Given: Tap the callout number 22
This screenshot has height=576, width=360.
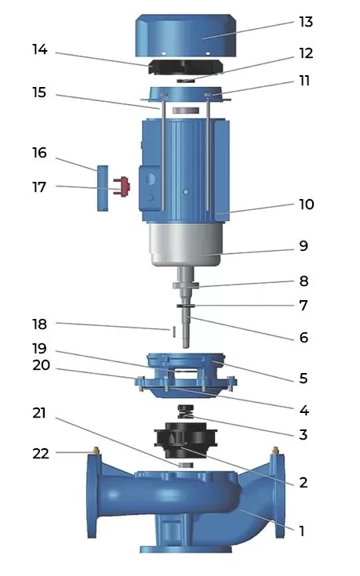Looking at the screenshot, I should (x=40, y=453).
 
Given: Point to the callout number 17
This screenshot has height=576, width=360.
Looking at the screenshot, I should (x=40, y=187).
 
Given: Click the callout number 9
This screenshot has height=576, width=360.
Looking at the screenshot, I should (x=302, y=246).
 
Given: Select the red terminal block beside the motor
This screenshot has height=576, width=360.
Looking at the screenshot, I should (x=120, y=186).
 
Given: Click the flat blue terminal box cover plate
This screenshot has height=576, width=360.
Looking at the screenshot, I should (x=102, y=187).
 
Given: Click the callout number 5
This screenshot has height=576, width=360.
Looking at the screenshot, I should (x=302, y=379).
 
